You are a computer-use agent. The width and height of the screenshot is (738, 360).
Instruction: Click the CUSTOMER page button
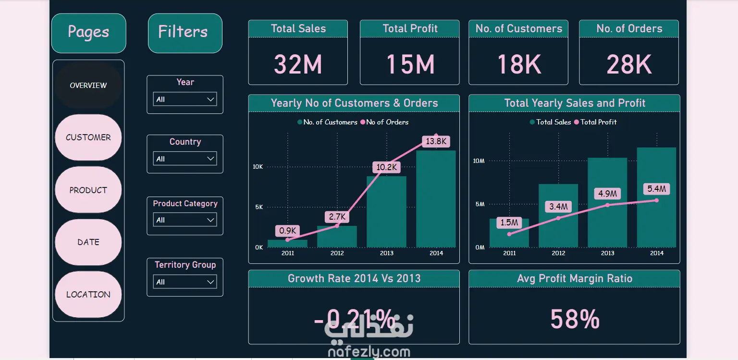[88, 137]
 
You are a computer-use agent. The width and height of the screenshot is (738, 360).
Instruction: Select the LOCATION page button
[88, 295]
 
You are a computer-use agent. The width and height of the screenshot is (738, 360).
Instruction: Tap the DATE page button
[88, 242]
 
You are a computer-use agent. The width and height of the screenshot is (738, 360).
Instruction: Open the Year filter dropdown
[185, 99]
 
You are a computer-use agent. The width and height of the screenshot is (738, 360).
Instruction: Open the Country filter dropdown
[185, 159]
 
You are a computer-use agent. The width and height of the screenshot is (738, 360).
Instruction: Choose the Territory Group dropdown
[185, 282]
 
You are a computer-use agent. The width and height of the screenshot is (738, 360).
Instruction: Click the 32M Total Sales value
[298, 64]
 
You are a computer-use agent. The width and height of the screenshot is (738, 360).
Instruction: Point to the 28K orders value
[629, 64]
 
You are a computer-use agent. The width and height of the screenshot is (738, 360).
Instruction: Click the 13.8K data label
[436, 141]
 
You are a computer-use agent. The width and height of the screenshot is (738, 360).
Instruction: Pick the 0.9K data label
[287, 231]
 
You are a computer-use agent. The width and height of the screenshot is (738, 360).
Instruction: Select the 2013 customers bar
[386, 211]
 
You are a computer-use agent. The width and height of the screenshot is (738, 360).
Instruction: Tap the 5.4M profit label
[657, 189]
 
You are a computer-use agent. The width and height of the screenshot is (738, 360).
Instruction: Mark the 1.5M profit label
[509, 223]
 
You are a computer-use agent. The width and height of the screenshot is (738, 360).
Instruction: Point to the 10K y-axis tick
[258, 167]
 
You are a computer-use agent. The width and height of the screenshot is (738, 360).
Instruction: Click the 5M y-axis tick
[479, 204]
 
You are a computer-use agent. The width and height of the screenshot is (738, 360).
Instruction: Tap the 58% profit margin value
[575, 319]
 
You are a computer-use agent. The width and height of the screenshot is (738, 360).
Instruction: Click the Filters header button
[185, 33]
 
